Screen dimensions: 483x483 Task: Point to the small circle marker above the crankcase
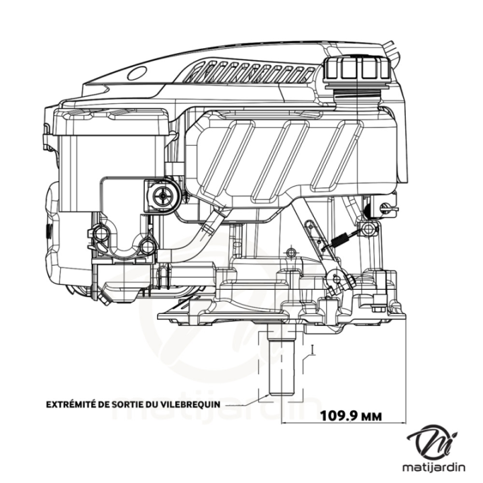[290, 252]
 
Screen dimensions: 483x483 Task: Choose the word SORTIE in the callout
[137, 405]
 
